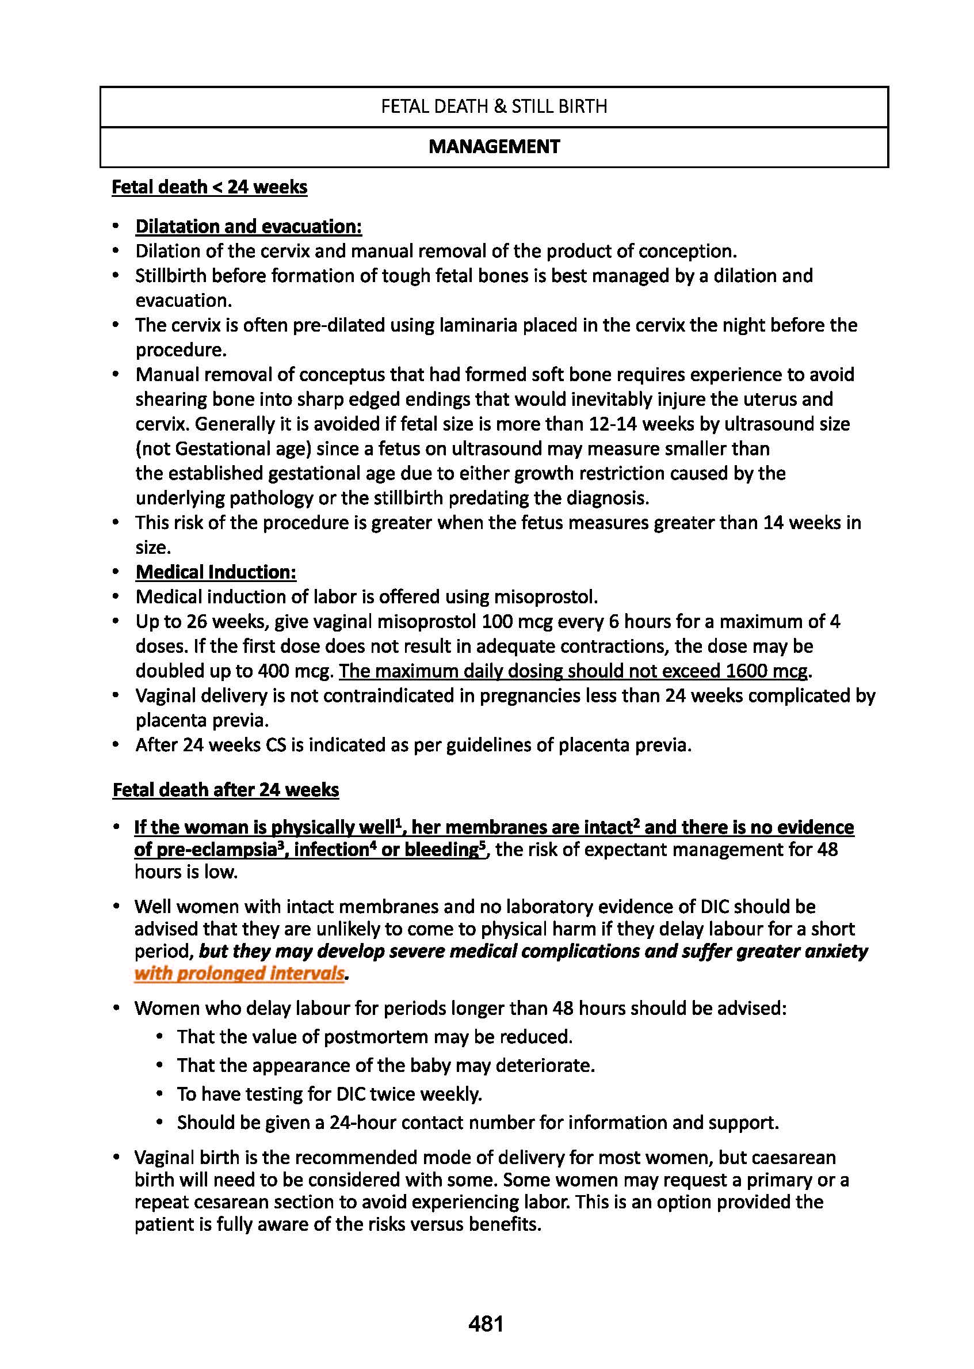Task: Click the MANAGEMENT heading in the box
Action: tap(494, 146)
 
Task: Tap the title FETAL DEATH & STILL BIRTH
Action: tap(494, 107)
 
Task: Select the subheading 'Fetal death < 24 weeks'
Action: tap(209, 187)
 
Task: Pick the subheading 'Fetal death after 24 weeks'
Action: tap(226, 789)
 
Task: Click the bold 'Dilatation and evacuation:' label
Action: tap(249, 226)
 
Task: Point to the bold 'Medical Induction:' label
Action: tap(216, 572)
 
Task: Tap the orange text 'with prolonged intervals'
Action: tap(239, 973)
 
